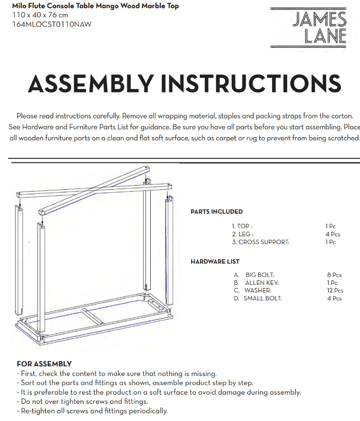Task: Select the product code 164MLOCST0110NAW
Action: click(x=52, y=24)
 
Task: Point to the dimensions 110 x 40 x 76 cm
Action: click(x=40, y=15)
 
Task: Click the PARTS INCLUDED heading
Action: click(x=216, y=212)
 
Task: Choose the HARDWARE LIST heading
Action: click(x=215, y=262)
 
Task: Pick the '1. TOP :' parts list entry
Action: click(x=242, y=226)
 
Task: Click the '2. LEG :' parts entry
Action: click(x=242, y=234)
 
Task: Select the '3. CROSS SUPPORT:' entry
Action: click(x=260, y=242)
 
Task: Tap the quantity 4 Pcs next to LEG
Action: click(x=333, y=234)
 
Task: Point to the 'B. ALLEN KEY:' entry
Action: click(x=256, y=283)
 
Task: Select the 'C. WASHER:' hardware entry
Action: click(x=252, y=290)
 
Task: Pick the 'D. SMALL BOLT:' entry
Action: click(x=257, y=299)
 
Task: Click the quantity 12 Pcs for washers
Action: click(x=335, y=290)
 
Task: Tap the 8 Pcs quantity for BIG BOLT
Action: click(x=334, y=275)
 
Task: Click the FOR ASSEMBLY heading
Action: click(x=44, y=364)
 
